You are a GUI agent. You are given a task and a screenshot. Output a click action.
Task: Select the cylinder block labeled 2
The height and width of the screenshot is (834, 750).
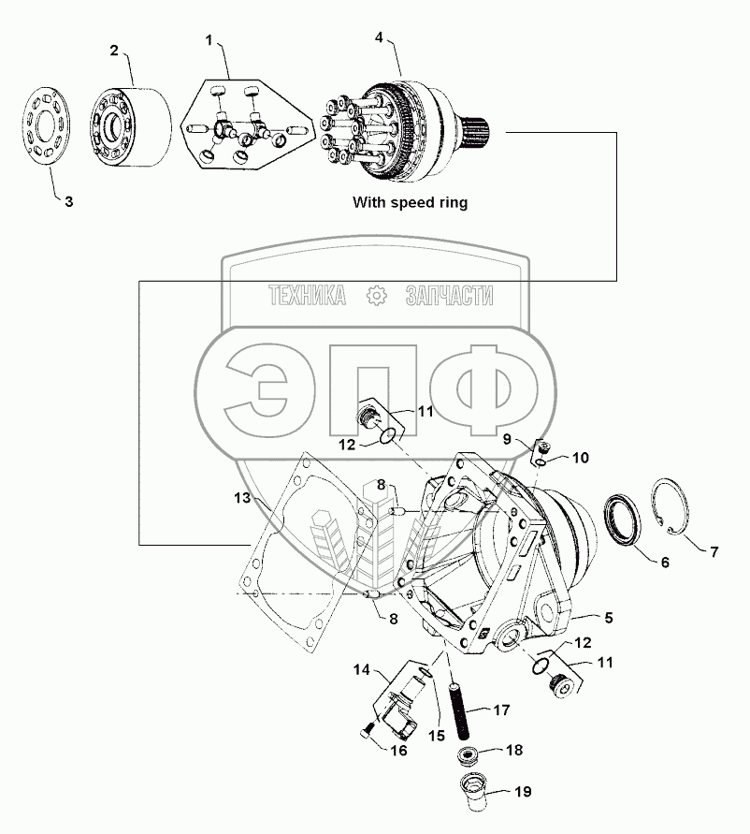click(x=131, y=126)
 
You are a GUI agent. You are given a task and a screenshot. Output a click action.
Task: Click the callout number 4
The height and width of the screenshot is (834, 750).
click(x=378, y=37)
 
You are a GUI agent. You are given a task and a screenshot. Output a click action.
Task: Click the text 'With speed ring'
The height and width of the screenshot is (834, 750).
click(x=409, y=201)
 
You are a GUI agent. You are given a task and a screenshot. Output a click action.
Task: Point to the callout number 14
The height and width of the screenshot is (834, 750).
click(x=363, y=670)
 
